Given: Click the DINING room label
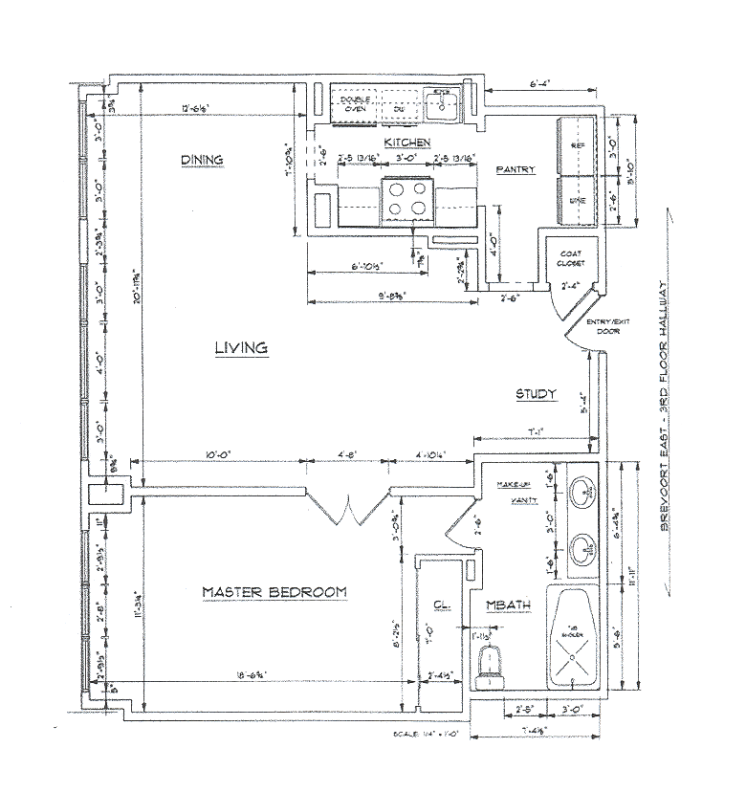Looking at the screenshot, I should (x=202, y=160).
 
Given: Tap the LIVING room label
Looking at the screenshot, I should (x=240, y=348).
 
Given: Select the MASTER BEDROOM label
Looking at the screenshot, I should (x=274, y=592).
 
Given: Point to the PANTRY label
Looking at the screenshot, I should (x=514, y=169).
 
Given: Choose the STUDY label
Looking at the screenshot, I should (x=537, y=394).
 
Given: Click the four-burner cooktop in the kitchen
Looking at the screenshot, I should (x=406, y=200).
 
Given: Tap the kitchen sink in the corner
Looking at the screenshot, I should (x=442, y=102).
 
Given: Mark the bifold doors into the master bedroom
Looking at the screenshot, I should (x=345, y=507).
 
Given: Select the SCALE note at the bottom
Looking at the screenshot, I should (x=427, y=734).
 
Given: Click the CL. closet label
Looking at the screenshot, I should (x=441, y=605).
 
